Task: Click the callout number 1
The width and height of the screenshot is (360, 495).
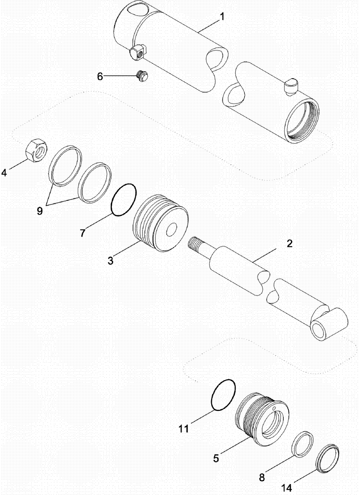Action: pyautogui.click(x=222, y=17)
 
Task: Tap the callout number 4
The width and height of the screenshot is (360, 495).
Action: pyautogui.click(x=4, y=173)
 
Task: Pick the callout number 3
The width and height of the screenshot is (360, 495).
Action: pyautogui.click(x=111, y=260)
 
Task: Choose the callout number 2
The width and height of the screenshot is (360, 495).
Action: pyautogui.click(x=290, y=244)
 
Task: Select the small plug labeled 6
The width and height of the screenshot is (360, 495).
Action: pyautogui.click(x=141, y=75)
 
